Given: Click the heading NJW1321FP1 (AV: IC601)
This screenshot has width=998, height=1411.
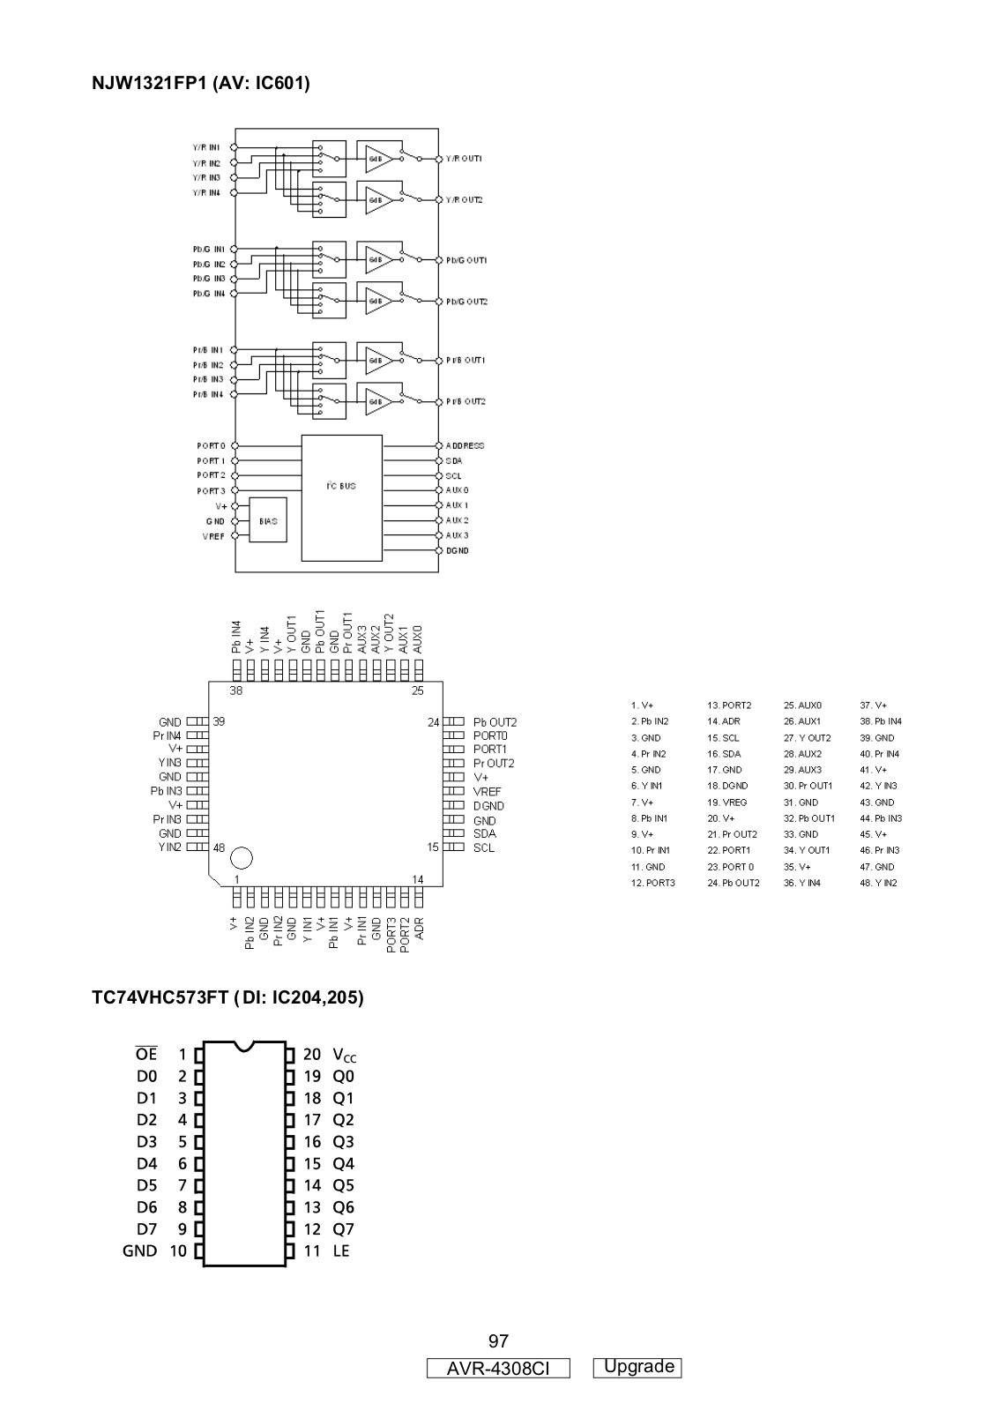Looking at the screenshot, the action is (x=201, y=84).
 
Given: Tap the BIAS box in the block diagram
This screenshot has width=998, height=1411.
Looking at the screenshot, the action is (x=268, y=521).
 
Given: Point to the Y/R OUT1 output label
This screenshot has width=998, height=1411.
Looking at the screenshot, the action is (x=464, y=159).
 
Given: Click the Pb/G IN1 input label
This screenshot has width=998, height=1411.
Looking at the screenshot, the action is (x=209, y=250).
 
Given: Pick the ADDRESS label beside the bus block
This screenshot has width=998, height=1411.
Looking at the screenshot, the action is (x=465, y=446).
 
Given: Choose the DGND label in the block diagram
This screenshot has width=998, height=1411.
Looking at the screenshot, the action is (x=457, y=550).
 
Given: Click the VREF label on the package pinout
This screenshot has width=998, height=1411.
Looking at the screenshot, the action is (x=487, y=792).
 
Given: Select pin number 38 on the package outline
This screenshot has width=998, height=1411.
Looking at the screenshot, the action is (x=236, y=691).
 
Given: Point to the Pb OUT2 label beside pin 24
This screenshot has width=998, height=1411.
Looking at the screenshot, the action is (x=495, y=722).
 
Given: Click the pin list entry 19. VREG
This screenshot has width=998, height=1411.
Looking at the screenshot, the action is (x=726, y=803).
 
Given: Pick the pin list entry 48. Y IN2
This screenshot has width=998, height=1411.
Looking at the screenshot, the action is (x=878, y=883).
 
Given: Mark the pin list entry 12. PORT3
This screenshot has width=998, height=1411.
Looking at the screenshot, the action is (x=652, y=883).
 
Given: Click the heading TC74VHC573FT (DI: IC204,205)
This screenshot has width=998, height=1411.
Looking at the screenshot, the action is (x=228, y=997).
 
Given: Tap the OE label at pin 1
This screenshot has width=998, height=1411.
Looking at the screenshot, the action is (x=146, y=1054).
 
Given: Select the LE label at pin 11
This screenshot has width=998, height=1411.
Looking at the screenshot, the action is (x=340, y=1250).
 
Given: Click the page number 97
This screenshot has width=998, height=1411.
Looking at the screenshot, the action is (x=498, y=1341).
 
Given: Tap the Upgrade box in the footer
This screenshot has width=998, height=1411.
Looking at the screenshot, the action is (x=637, y=1367).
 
